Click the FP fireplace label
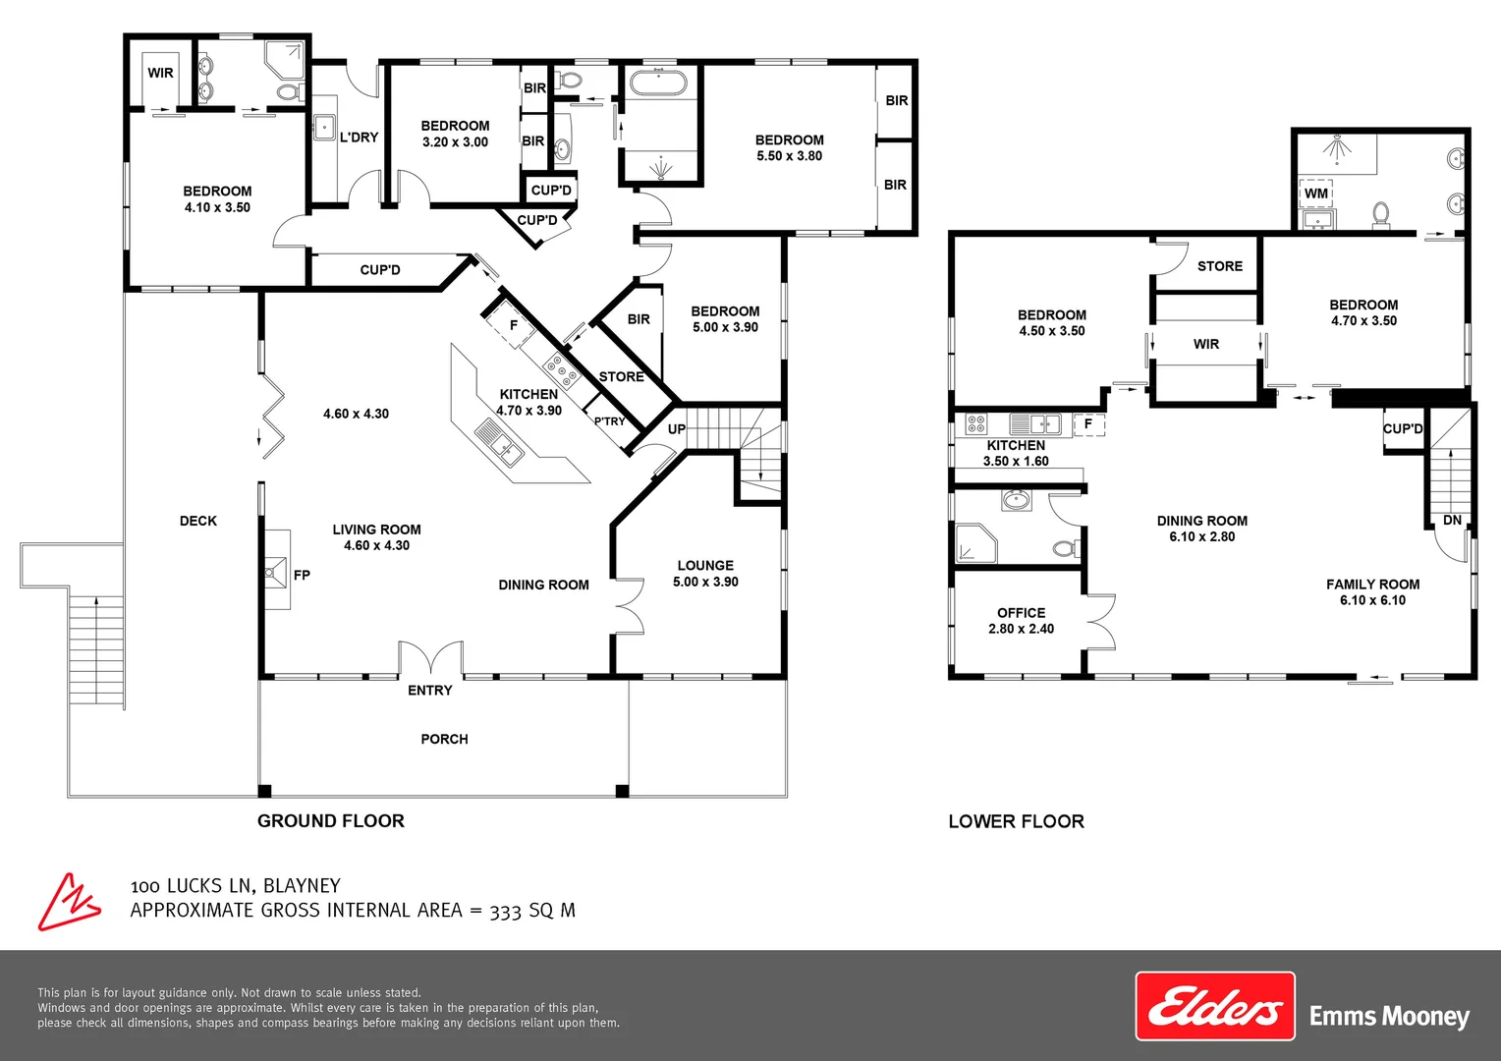[x=302, y=575]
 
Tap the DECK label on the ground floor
[x=198, y=521]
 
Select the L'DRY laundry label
[x=359, y=138]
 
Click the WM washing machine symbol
[x=1316, y=194]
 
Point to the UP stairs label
[x=677, y=429]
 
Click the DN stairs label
[x=1452, y=520]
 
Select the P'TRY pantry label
[x=609, y=421]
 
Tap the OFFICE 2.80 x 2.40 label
[x=1021, y=621]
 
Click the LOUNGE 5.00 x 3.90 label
[x=705, y=574]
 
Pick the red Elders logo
[x=1215, y=1006]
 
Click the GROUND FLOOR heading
[x=331, y=821]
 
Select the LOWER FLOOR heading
[x=1016, y=821]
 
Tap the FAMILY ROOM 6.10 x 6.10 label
[x=1372, y=592]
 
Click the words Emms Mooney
[x=1389, y=1016]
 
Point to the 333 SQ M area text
[x=532, y=911]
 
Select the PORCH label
[x=444, y=739]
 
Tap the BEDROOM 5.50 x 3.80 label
[x=789, y=147]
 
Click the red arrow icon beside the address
[x=68, y=902]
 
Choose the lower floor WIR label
[x=1206, y=344]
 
